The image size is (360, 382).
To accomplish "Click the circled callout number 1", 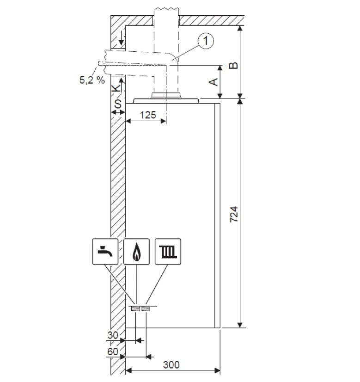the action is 206,41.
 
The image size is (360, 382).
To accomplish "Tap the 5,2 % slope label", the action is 92,80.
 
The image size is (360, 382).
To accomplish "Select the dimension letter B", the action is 234,66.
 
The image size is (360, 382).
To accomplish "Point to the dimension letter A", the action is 214,82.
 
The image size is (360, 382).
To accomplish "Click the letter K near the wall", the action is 116,88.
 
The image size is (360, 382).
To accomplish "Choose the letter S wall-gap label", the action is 118,104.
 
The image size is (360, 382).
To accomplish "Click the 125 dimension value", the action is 148,115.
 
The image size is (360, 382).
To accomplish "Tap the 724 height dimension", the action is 234,215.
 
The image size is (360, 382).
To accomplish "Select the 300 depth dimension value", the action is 171,365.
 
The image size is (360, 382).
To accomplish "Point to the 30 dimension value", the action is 113,335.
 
